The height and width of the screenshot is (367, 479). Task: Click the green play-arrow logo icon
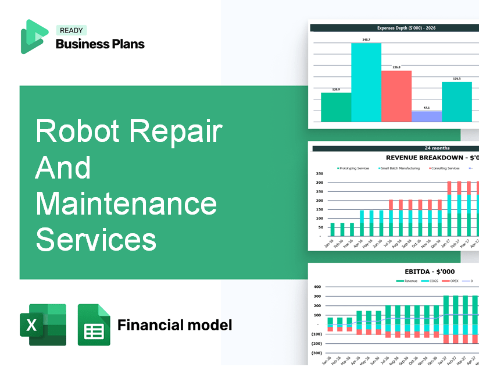coord(33,37)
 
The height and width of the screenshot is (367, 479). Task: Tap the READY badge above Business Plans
coord(71,30)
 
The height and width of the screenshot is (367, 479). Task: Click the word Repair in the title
coord(176,131)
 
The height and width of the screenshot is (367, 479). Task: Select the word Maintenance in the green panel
coord(126,204)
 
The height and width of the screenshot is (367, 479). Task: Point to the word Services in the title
coord(96,240)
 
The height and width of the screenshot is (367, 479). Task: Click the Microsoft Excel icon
coord(43,325)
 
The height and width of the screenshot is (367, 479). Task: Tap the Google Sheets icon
coord(94,325)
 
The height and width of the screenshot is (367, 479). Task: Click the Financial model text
coord(174,325)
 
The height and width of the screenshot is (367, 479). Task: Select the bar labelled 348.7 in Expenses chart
coord(366,82)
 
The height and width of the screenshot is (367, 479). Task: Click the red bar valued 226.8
coord(396,96)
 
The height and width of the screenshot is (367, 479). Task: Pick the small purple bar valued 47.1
coord(427,116)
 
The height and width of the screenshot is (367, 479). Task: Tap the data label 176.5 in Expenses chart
coord(457,79)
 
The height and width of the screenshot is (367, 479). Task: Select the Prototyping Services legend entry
coord(353,168)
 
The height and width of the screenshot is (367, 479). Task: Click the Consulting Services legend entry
coord(445,168)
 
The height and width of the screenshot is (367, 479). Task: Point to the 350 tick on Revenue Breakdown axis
coord(319,174)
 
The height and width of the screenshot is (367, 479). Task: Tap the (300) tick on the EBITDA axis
coord(317,352)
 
